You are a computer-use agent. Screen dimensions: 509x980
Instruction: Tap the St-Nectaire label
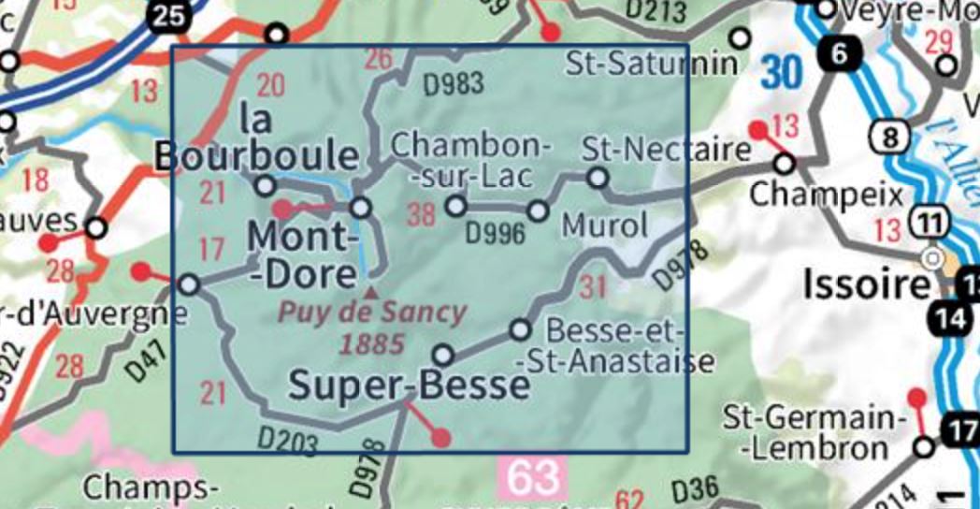tap(667, 149)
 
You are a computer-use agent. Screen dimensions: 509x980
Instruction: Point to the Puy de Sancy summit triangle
tap(372, 293)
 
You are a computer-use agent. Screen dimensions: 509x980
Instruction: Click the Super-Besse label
tap(409, 385)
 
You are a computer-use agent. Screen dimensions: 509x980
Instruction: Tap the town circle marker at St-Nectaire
tap(597, 177)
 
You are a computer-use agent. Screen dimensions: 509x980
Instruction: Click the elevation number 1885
tap(372, 343)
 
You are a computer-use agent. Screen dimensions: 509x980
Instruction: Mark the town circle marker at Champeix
tap(784, 165)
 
